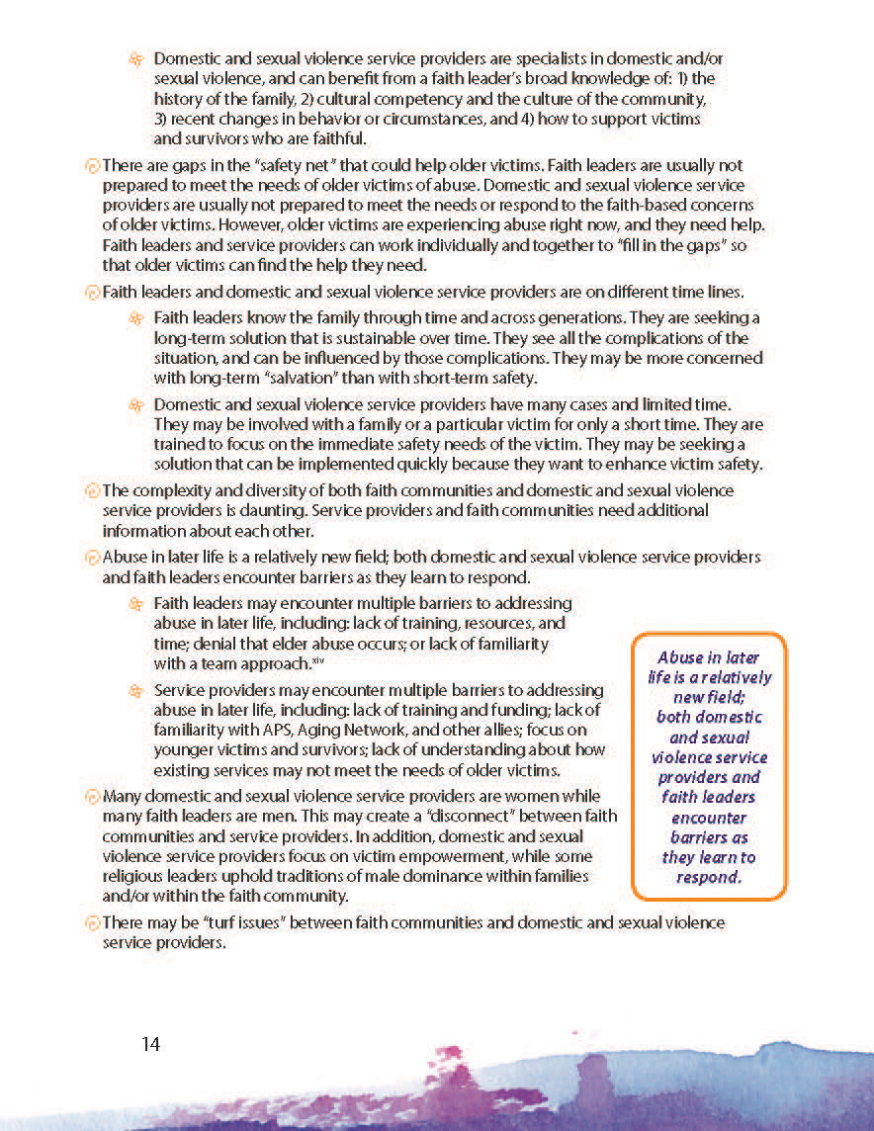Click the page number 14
(151, 1044)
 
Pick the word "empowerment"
(472, 856)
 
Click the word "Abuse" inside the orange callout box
(681, 656)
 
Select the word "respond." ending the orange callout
(709, 877)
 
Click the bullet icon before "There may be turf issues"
(93, 923)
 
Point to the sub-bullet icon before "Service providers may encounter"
(136, 690)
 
